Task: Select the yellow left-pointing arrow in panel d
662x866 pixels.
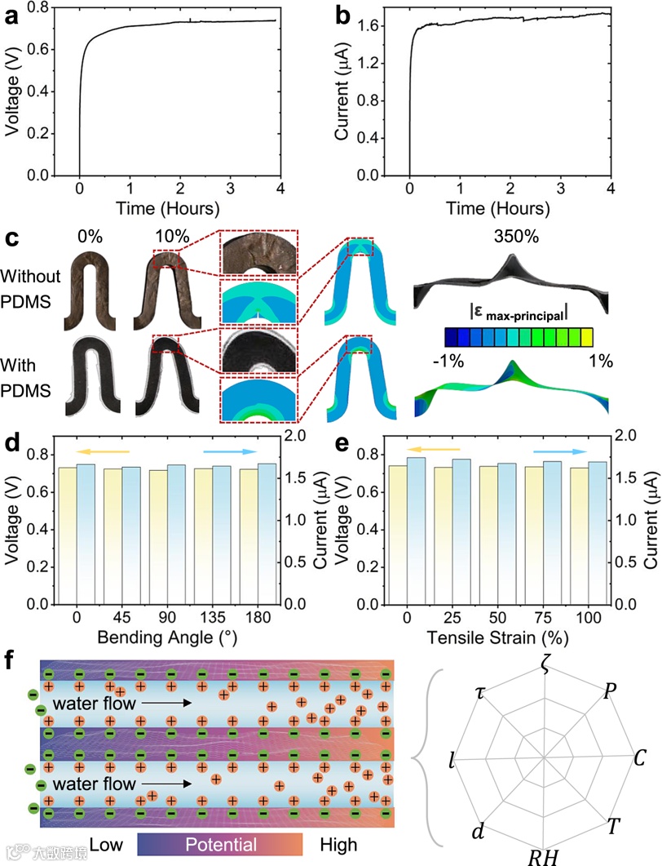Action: (x=103, y=451)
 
